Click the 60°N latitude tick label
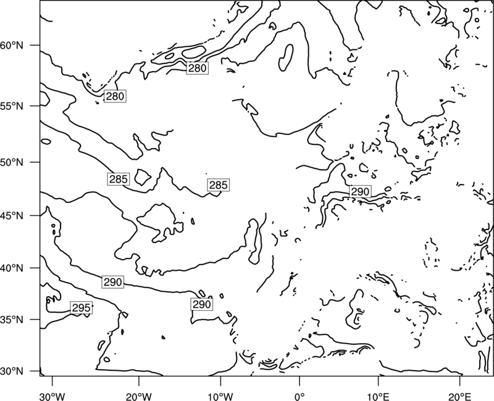click(x=12, y=45)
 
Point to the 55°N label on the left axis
click(x=12, y=106)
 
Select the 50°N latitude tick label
click(x=12, y=162)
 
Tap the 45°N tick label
click(x=12, y=215)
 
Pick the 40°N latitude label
click(x=12, y=268)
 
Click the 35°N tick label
click(x=12, y=320)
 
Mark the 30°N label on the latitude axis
click(x=12, y=371)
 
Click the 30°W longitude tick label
click(x=52, y=397)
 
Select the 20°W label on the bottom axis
click(x=138, y=397)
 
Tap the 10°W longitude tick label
click(x=220, y=397)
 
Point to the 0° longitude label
click(x=299, y=397)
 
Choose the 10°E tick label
click(x=378, y=397)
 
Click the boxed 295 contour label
click(x=82, y=307)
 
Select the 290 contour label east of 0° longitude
click(x=360, y=191)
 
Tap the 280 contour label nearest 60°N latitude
click(x=197, y=68)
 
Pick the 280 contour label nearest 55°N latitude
click(x=115, y=96)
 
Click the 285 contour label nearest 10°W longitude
click(x=219, y=184)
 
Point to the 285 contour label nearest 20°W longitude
click(x=119, y=179)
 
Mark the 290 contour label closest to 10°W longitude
click(x=202, y=304)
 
